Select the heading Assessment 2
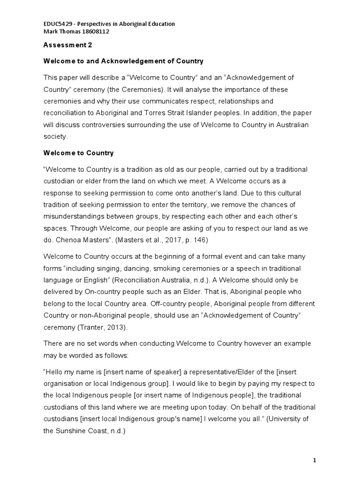(67, 45)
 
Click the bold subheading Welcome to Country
(78, 153)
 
